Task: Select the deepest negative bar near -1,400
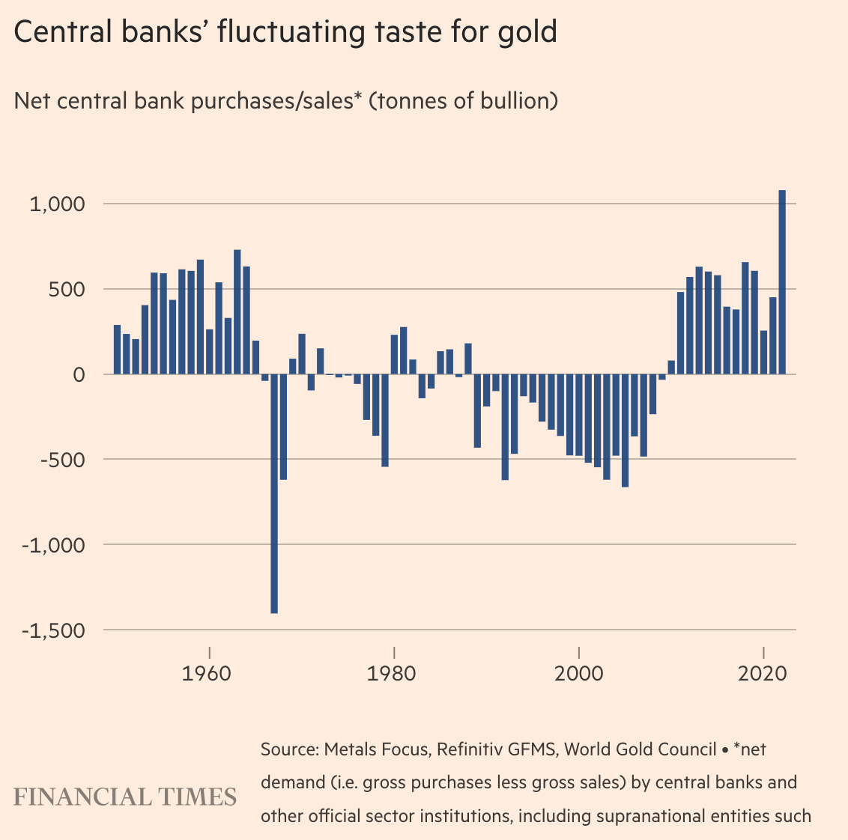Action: click(274, 494)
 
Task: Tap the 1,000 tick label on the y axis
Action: click(58, 204)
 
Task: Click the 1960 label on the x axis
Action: click(209, 672)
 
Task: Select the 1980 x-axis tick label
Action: click(393, 672)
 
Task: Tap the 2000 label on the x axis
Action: click(578, 672)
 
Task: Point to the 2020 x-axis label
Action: click(763, 672)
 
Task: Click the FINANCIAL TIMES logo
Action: click(125, 797)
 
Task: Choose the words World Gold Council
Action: click(640, 749)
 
